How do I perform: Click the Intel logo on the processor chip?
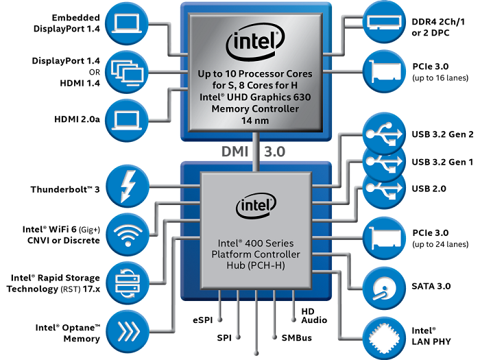tap(255, 44)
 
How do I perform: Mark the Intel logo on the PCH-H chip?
tap(255, 205)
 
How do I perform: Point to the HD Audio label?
tap(314, 315)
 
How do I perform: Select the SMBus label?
tap(296, 338)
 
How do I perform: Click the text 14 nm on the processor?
tap(255, 119)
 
